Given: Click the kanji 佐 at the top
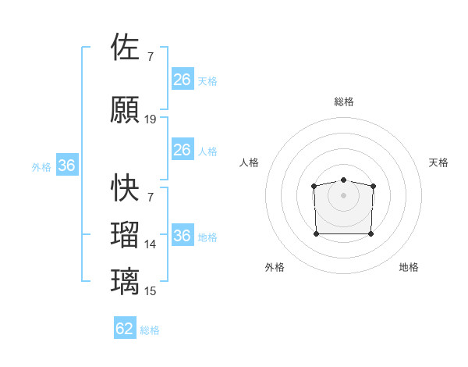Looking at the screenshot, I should coord(126,47).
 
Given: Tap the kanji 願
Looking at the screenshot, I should coord(126,110).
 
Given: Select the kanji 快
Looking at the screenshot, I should coord(126,187).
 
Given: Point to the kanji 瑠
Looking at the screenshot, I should coord(126,234).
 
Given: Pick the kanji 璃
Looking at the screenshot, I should coord(126,281).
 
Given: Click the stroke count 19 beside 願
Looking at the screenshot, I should coord(151,119).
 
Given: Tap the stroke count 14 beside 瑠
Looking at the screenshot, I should coord(151,244).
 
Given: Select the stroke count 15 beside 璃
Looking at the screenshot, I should coord(151,291).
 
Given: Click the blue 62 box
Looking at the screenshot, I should coord(125,329).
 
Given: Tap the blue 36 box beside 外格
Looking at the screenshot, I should coord(66,166).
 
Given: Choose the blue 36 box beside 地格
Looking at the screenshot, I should coord(182,236).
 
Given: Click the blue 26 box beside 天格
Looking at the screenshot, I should coord(182,80).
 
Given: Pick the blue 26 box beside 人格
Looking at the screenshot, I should coord(182,150).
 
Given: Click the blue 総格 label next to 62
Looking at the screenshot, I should coord(150,330).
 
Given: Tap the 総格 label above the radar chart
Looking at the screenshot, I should coord(343,102).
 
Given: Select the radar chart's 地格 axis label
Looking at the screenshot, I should coord(409,267).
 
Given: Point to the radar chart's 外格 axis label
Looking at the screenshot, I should coord(275,267).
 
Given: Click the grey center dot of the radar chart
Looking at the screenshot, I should coord(343,194).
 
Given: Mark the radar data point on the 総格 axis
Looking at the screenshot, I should coord(343,180).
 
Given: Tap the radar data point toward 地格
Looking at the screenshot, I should coord(370,233).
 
